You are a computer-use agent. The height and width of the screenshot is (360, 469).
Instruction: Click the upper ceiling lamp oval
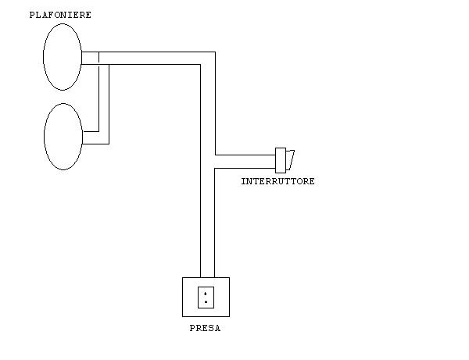click(x=63, y=57)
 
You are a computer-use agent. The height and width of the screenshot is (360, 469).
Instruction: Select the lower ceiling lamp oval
click(x=63, y=137)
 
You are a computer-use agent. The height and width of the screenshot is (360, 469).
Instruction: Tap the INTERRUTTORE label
click(x=277, y=181)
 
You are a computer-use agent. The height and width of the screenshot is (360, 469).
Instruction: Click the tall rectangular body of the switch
click(x=281, y=160)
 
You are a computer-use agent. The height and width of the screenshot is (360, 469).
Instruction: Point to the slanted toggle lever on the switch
click(x=290, y=159)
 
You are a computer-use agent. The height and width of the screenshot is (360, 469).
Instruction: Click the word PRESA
click(x=205, y=329)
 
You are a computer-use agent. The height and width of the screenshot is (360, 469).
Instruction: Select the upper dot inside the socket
click(x=206, y=294)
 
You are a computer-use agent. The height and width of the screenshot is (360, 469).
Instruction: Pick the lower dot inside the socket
click(x=206, y=301)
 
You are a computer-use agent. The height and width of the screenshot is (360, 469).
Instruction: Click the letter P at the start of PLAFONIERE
click(x=31, y=15)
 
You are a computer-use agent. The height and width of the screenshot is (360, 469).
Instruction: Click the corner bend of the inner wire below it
click(x=201, y=66)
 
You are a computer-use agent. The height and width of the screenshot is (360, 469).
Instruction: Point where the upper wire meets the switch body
click(x=276, y=155)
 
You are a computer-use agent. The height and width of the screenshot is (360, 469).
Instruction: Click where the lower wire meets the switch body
click(x=276, y=167)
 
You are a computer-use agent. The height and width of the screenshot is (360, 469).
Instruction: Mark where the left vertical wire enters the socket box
click(x=201, y=277)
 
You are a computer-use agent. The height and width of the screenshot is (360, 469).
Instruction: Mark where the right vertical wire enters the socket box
click(x=215, y=277)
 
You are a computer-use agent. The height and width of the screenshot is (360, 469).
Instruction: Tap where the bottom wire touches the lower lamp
click(x=81, y=144)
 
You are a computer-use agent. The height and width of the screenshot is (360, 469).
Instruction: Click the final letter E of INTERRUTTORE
click(x=311, y=181)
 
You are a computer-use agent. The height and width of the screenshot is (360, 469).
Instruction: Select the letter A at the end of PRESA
click(x=217, y=329)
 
